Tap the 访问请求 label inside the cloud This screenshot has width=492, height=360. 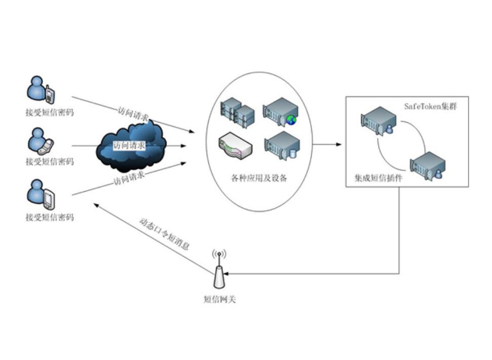(129, 146)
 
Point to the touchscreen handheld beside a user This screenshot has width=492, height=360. (49, 198)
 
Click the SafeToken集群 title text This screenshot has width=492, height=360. (430, 106)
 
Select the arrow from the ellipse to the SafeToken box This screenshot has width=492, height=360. (327, 145)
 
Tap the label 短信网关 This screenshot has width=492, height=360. (219, 299)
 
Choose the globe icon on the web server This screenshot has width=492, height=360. (291, 120)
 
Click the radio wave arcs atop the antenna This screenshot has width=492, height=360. (219, 254)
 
